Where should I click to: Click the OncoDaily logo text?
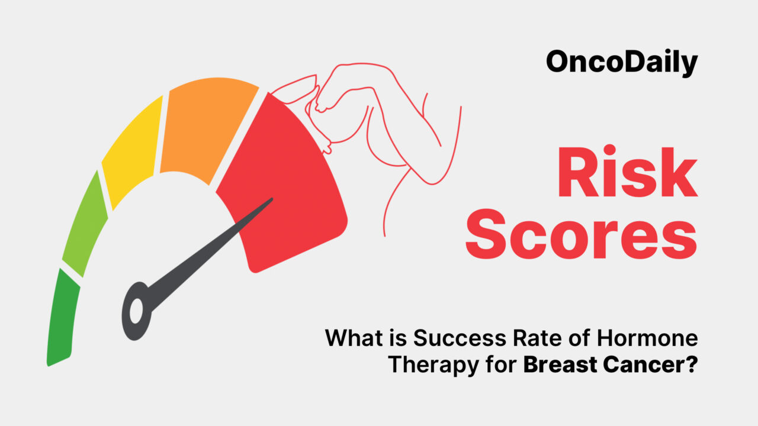point(622,62)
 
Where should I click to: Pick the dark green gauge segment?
point(62,317)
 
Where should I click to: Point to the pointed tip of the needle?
point(271,199)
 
